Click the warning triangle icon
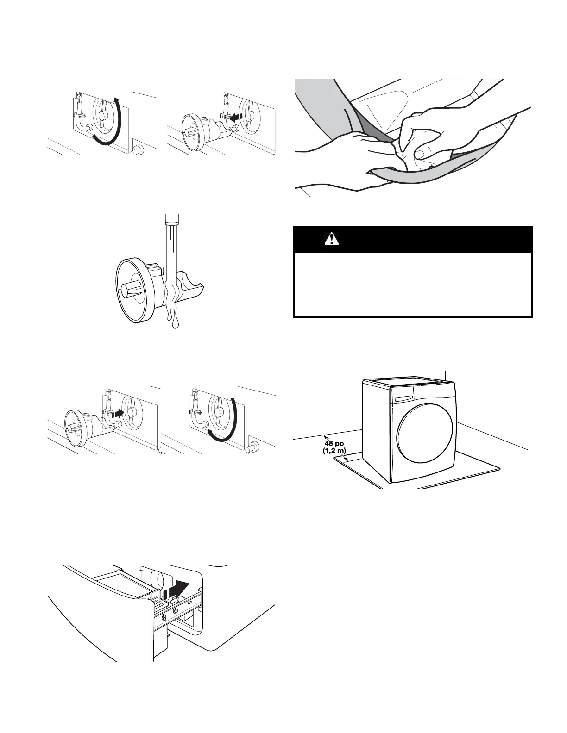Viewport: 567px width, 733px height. pyautogui.click(x=332, y=239)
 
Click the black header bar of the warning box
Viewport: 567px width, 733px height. pyautogui.click(x=413, y=239)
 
